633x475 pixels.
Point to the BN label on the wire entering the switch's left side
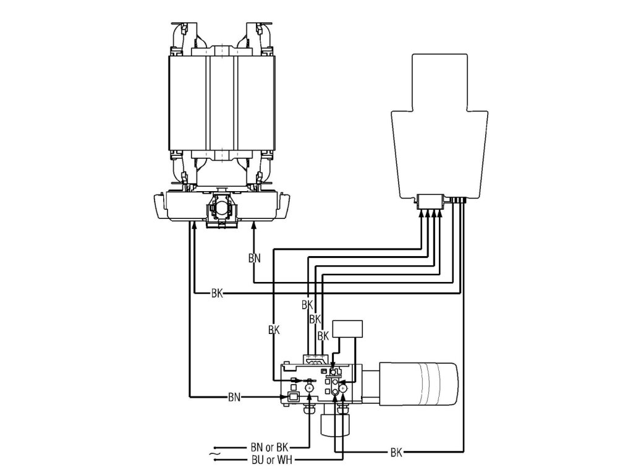point(235,396)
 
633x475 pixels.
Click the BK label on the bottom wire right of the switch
point(397,453)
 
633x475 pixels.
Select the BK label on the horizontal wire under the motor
point(217,293)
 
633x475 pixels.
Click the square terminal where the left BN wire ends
point(294,396)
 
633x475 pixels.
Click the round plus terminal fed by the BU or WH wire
point(343,388)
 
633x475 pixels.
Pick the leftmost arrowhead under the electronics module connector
point(423,213)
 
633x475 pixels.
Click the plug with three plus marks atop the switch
point(315,359)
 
